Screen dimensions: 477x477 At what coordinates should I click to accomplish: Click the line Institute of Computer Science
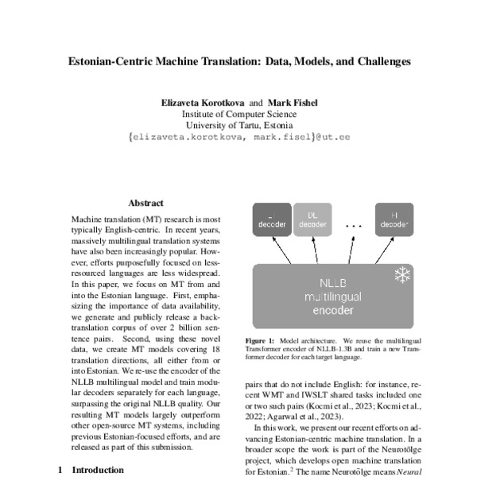(238, 114)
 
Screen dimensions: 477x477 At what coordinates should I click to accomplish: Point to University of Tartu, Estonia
(238, 126)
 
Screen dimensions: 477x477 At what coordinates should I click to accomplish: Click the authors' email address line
(238, 138)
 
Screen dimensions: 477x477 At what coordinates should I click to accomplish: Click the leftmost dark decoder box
(272, 219)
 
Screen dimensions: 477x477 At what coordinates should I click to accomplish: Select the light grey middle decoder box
(312, 219)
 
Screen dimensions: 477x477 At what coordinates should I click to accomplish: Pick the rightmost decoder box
(394, 219)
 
